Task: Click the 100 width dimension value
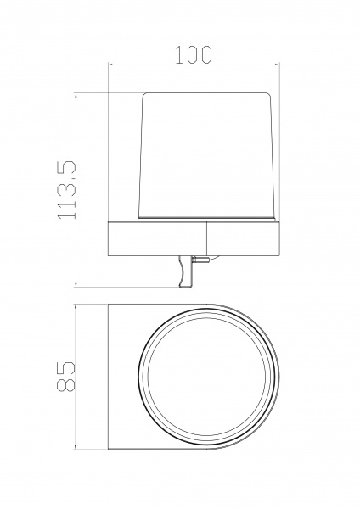(x=194, y=54)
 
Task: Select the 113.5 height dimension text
(x=67, y=189)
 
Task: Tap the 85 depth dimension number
(x=65, y=377)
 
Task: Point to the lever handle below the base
(x=185, y=271)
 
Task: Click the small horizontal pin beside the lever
(x=200, y=260)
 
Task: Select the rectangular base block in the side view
(x=194, y=238)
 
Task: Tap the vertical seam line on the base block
(x=207, y=238)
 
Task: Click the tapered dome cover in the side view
(x=208, y=155)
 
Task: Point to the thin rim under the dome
(x=208, y=220)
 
